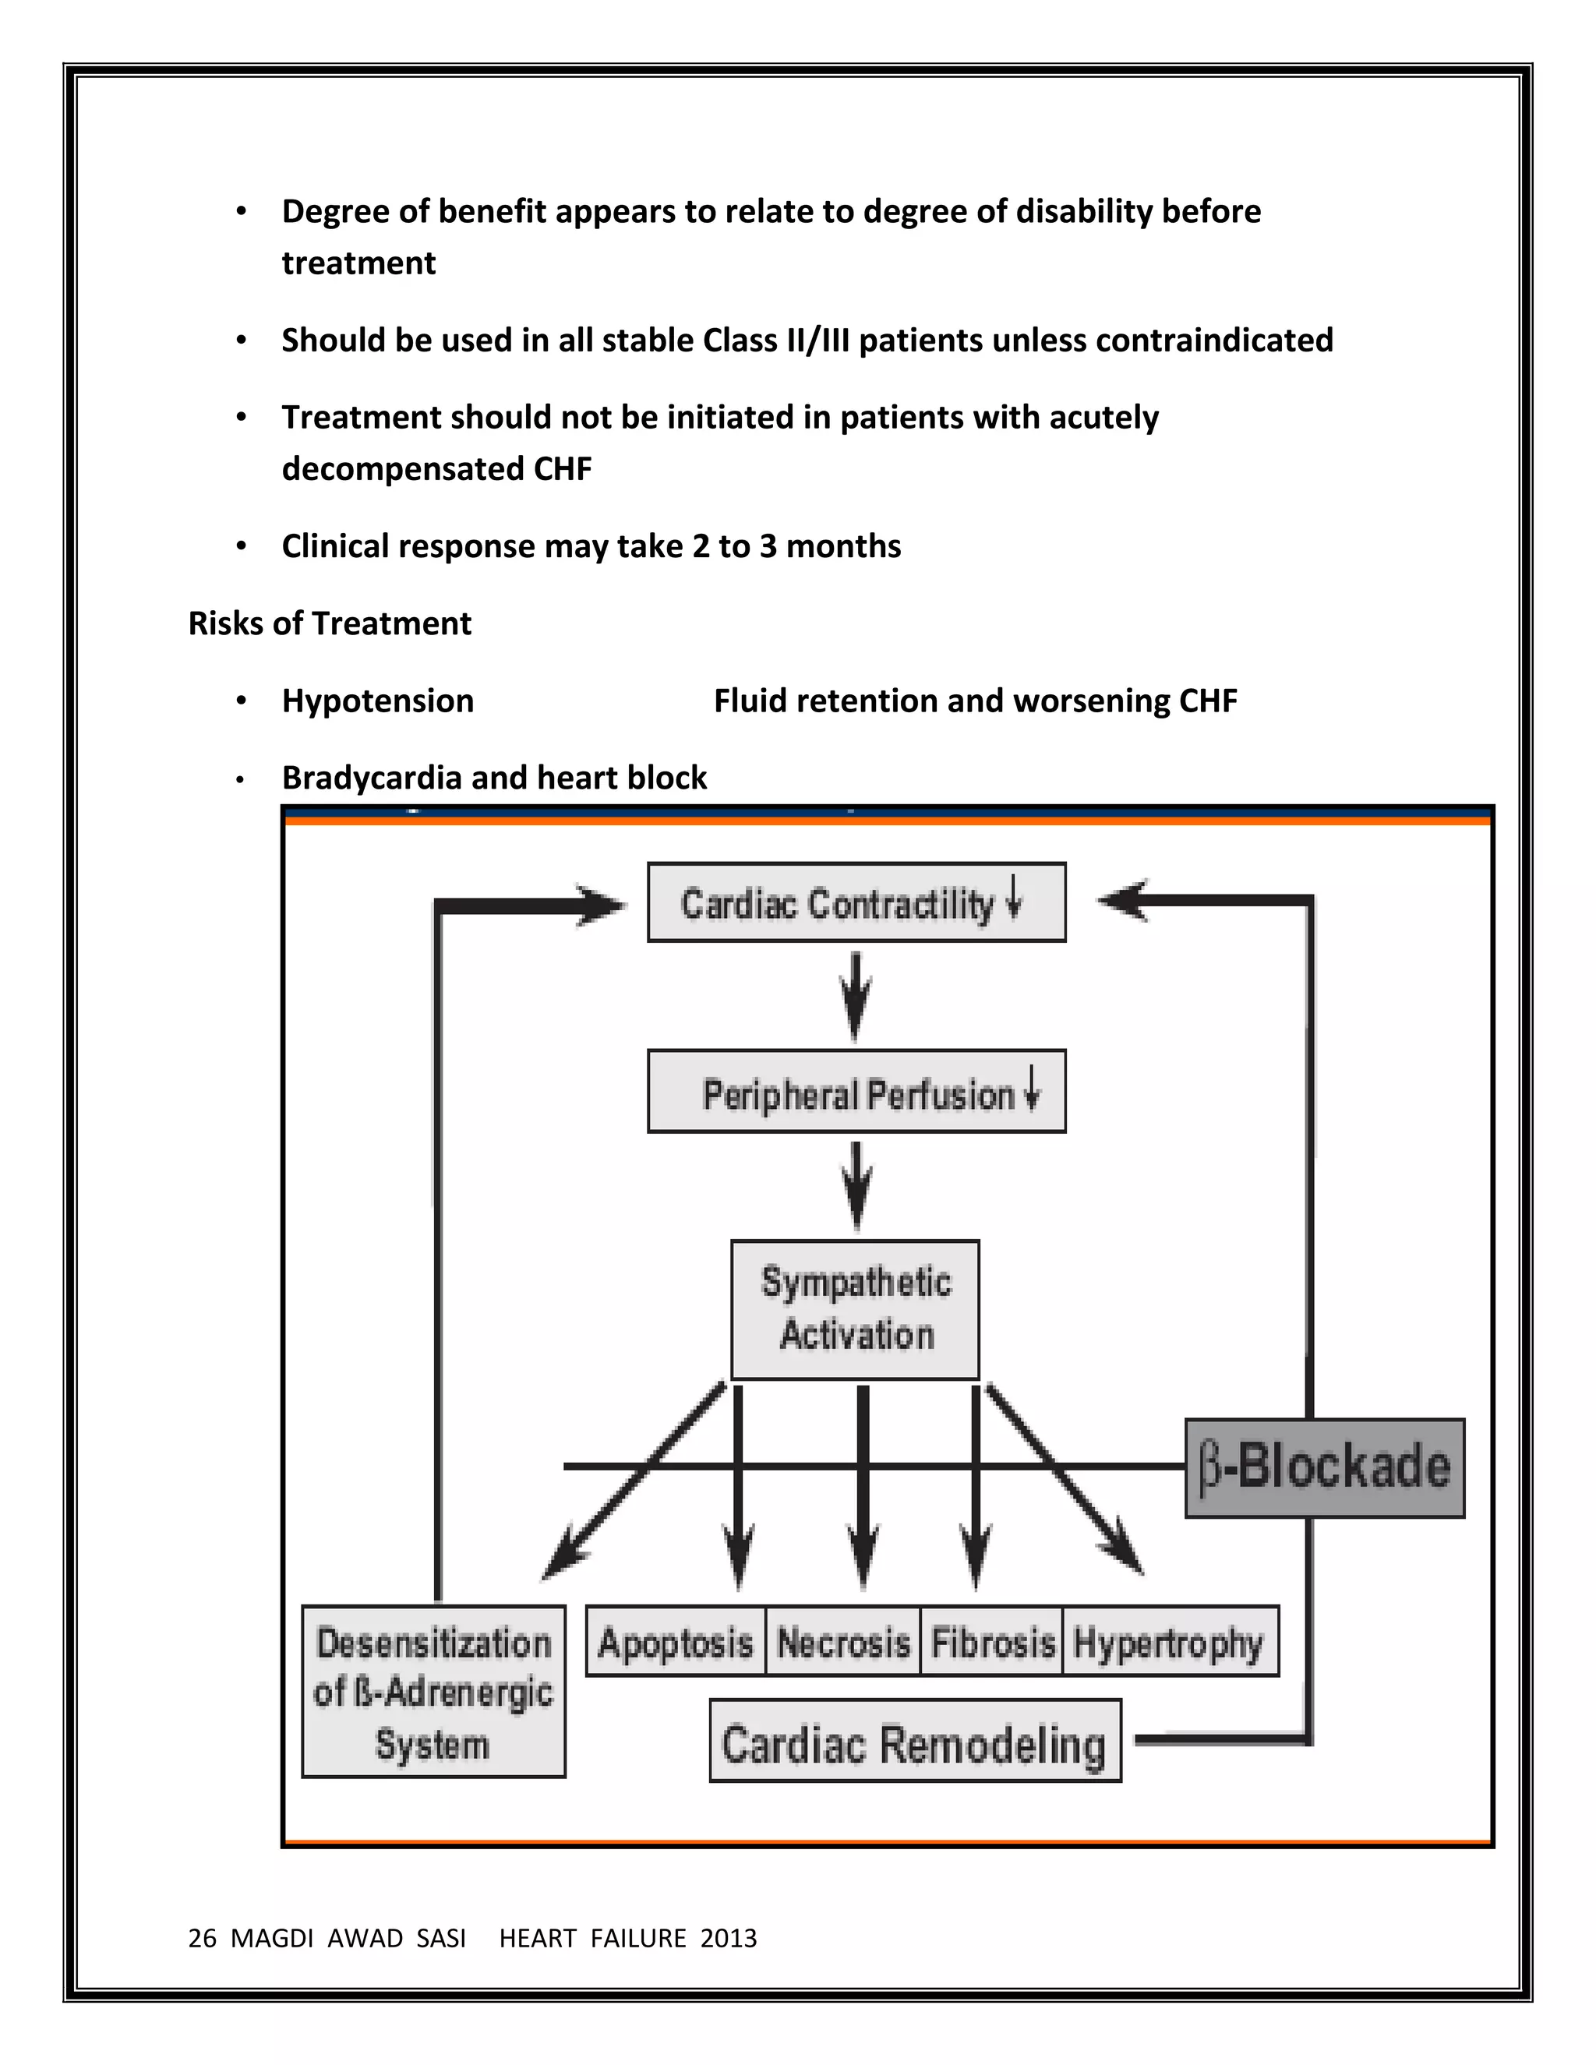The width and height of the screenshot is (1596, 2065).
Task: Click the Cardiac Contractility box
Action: (x=856, y=902)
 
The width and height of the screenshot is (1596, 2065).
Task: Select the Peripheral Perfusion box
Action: (x=856, y=1091)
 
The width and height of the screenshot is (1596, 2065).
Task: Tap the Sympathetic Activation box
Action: (x=855, y=1310)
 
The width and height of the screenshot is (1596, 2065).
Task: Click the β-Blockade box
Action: (x=1324, y=1467)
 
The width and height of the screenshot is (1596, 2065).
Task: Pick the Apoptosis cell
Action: (x=675, y=1643)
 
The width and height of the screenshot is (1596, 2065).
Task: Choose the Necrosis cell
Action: (x=842, y=1643)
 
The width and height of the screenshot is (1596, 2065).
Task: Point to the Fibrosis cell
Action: (x=992, y=1643)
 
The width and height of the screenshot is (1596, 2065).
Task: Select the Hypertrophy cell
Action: (x=1170, y=1643)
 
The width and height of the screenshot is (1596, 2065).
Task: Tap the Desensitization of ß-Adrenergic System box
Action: (x=433, y=1693)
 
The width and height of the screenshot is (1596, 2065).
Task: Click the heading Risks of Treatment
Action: (x=329, y=623)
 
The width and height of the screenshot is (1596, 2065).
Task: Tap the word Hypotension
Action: (x=377, y=701)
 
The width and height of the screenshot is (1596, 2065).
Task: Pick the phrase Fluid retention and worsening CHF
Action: (x=975, y=701)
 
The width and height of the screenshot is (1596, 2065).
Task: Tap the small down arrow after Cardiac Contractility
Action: (x=1014, y=896)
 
